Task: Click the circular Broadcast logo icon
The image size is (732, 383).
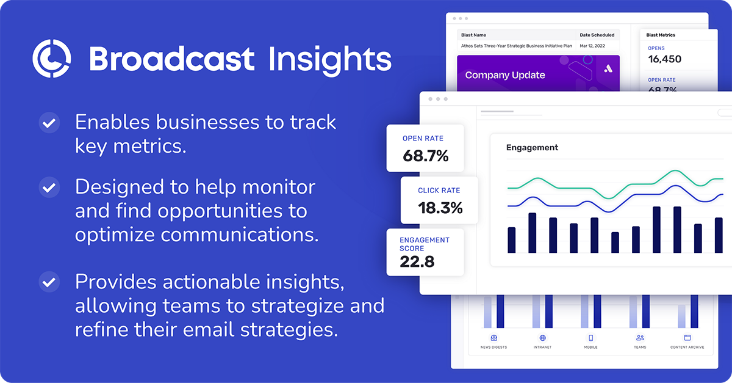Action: point(52,59)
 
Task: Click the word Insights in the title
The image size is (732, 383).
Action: point(329,59)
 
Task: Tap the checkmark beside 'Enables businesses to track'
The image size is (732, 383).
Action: point(49,123)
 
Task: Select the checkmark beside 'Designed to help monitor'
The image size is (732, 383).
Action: point(49,187)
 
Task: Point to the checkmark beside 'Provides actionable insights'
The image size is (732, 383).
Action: point(49,282)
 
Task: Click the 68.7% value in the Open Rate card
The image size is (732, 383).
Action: point(425,156)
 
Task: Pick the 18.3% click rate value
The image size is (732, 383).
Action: point(440,208)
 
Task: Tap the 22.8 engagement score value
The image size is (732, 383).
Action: point(417,261)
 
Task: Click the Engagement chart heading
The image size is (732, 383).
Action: point(532,147)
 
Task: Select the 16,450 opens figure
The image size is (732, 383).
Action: point(664,59)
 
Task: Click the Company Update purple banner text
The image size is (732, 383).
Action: point(504,75)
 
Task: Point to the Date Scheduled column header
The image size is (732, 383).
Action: point(597,35)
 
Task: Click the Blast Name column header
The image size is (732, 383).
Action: point(473,35)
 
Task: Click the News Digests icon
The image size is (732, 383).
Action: point(493,338)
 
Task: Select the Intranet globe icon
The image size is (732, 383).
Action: point(542,338)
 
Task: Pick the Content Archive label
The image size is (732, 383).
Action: point(687,347)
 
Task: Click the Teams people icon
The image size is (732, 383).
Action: point(640,338)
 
